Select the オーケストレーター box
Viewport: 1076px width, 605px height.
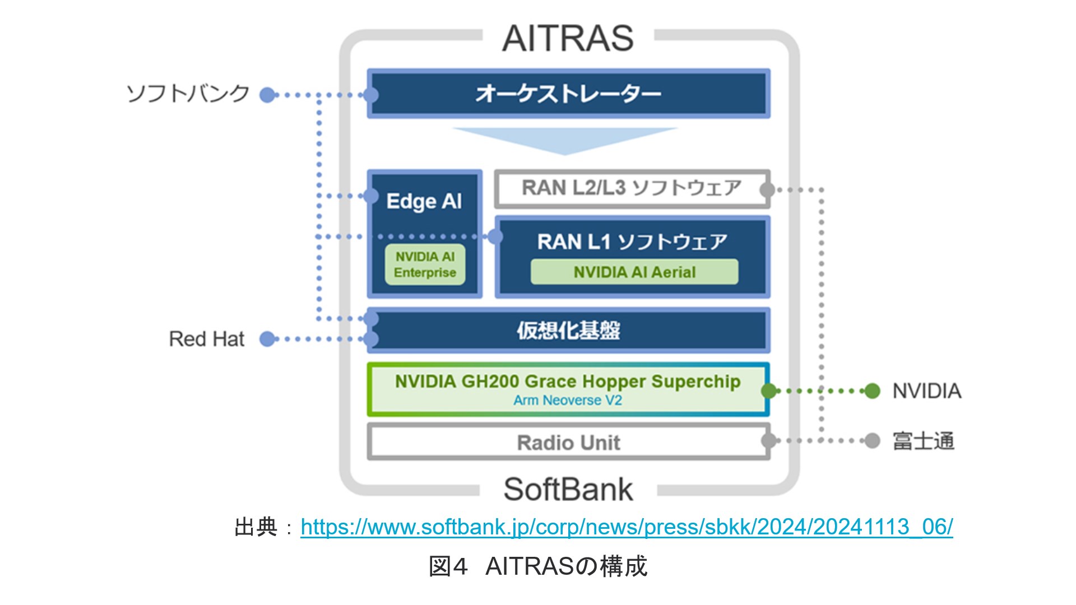tap(568, 94)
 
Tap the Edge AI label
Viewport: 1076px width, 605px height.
tap(424, 201)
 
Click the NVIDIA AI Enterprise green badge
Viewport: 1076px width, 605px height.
tap(425, 264)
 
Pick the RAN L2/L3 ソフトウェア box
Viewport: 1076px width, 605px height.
tap(632, 188)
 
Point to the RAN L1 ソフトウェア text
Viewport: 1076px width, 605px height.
tap(632, 241)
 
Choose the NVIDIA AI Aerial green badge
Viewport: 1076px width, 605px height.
tap(634, 272)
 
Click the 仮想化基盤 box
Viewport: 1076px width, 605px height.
tap(568, 331)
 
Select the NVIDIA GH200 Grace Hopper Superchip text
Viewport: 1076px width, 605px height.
tap(568, 381)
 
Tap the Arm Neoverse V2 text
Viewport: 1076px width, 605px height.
tap(568, 401)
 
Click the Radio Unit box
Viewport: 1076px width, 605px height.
tap(568, 443)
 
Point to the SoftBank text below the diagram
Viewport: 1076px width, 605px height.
tap(568, 489)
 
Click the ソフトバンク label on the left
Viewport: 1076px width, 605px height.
tap(188, 94)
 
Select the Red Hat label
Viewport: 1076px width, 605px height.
tap(207, 339)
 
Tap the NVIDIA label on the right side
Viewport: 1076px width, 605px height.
tap(926, 391)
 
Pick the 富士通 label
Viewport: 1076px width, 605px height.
tap(923, 441)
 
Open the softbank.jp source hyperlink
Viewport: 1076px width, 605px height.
tap(627, 527)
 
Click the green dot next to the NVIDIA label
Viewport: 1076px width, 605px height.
tap(872, 391)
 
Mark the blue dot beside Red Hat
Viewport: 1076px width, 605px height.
tap(267, 339)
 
